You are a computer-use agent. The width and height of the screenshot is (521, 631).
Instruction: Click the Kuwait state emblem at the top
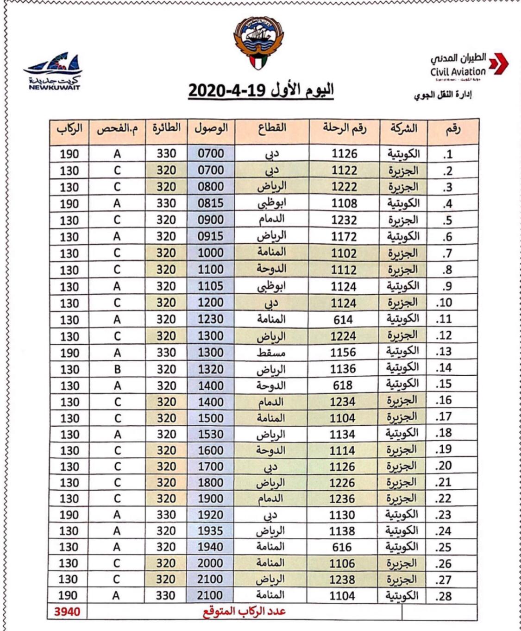pyautogui.click(x=259, y=43)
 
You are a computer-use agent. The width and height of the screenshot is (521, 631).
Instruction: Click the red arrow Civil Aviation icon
pyautogui.click(x=498, y=64)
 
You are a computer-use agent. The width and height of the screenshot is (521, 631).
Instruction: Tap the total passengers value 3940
pyautogui.click(x=67, y=612)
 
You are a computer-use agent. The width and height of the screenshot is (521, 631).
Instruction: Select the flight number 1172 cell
pyautogui.click(x=344, y=237)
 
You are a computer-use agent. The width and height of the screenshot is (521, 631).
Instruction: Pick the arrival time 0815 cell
pyautogui.click(x=211, y=203)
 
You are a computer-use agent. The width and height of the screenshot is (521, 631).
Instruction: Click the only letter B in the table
pyautogui.click(x=117, y=369)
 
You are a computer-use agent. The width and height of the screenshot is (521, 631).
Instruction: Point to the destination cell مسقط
pyautogui.click(x=271, y=353)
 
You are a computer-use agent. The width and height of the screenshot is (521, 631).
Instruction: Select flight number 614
pyautogui.click(x=343, y=320)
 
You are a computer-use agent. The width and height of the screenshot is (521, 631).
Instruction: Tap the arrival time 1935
pyautogui.click(x=210, y=531)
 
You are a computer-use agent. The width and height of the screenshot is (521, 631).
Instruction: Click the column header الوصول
pyautogui.click(x=211, y=128)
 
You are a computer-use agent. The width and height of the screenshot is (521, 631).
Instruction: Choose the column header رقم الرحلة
pyautogui.click(x=345, y=128)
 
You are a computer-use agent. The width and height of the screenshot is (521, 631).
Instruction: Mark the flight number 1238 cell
pyautogui.click(x=342, y=580)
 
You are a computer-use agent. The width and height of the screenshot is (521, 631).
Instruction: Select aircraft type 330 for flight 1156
pyautogui.click(x=166, y=353)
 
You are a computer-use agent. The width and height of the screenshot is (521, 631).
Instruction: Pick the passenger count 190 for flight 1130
pyautogui.click(x=69, y=515)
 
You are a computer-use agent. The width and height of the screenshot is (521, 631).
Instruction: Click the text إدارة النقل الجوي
pyautogui.click(x=442, y=95)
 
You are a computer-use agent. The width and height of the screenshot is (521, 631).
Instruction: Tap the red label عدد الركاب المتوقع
pyautogui.click(x=244, y=612)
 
